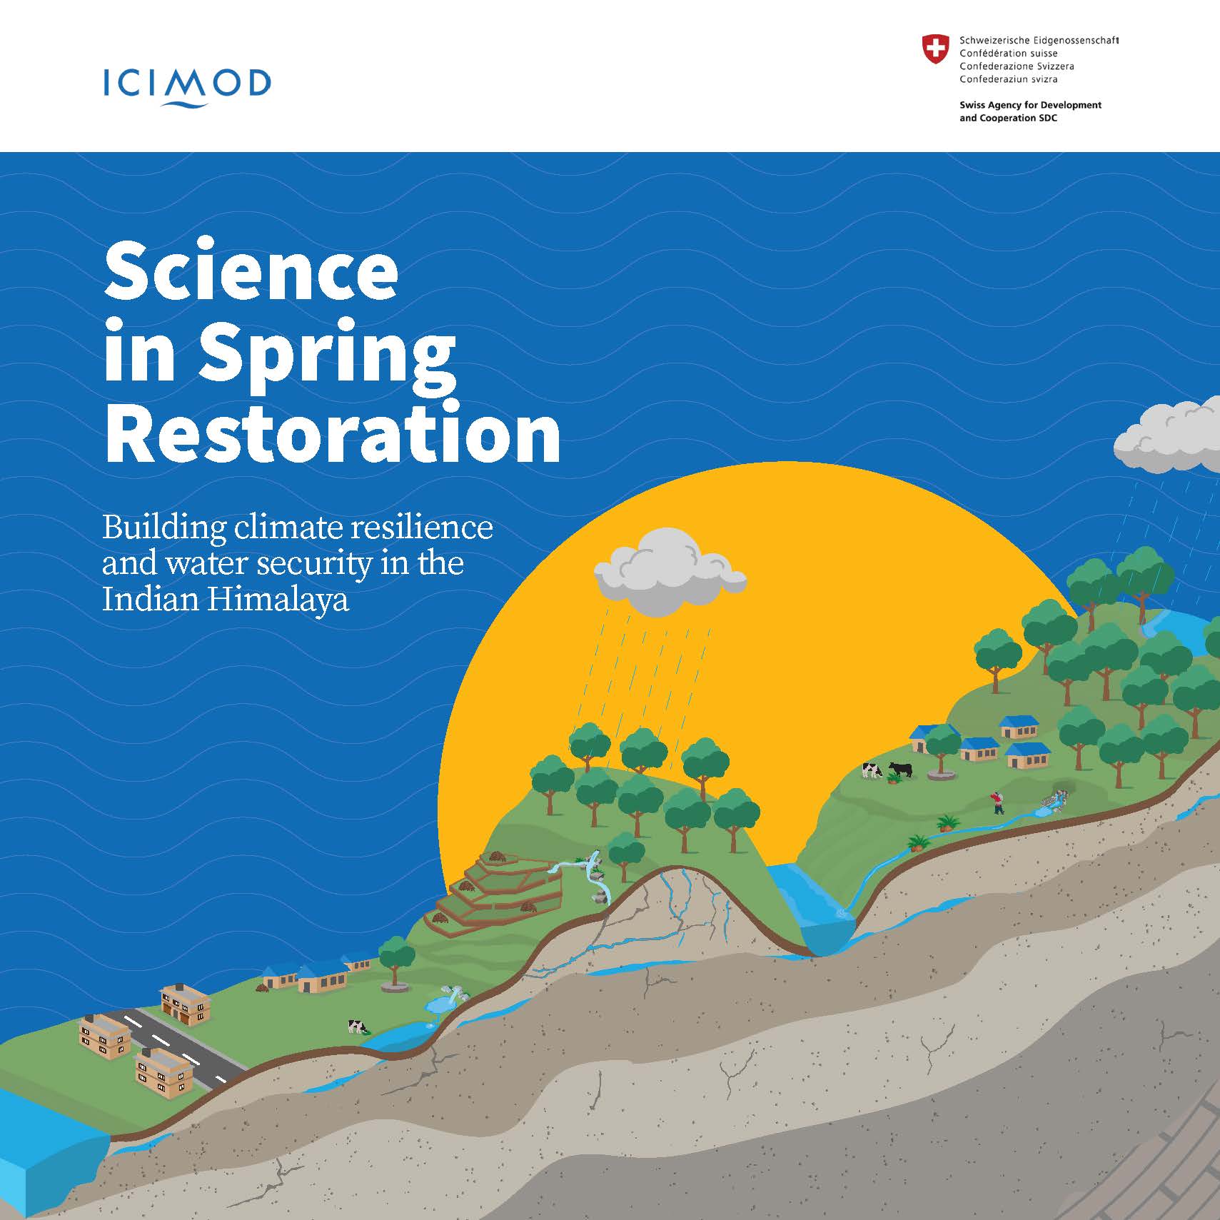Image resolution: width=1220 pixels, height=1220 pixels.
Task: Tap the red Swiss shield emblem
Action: coord(935,49)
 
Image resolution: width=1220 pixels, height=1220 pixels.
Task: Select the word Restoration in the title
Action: coord(333,433)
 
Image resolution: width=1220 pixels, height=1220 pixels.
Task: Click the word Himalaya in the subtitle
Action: coord(278,598)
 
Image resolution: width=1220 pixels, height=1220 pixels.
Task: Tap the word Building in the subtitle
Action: coord(164,529)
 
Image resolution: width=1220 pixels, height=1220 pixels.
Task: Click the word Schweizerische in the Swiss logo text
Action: coord(994,41)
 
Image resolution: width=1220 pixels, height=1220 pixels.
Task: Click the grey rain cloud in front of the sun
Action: coord(669,573)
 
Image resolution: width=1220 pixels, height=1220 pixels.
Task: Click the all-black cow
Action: coord(900,770)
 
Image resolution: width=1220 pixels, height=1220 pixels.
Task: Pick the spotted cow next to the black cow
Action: coord(872,770)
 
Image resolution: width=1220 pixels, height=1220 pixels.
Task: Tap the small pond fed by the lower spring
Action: coord(441,1004)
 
